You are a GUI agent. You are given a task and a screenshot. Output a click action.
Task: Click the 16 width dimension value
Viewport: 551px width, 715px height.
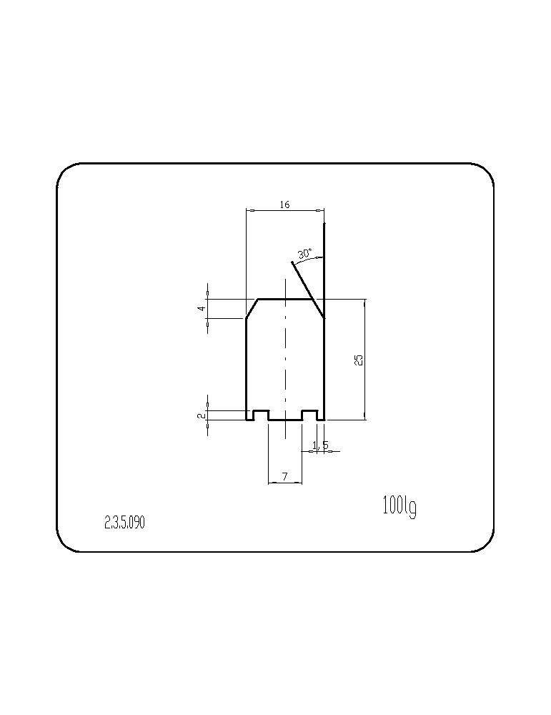pos(284,204)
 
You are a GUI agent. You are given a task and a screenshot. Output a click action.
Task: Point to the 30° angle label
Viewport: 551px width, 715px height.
pos(305,254)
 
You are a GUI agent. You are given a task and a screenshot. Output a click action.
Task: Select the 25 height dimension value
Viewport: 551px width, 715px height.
pos(359,360)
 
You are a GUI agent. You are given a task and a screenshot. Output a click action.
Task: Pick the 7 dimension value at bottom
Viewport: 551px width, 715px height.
pos(285,476)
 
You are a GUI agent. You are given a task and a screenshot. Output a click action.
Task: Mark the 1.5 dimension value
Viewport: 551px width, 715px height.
pos(320,445)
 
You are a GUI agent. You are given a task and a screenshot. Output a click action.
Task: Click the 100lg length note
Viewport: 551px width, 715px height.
pos(399,507)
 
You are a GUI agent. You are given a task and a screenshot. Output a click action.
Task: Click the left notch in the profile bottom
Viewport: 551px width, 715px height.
pos(261,415)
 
